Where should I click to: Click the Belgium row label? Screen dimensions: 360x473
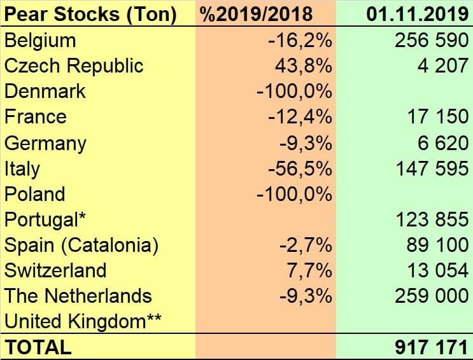40,41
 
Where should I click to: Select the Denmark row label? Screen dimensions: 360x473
45,92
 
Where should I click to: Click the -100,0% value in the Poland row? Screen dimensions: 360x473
294,194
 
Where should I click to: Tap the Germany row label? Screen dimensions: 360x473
45,143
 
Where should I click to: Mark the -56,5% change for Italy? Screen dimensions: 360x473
299,169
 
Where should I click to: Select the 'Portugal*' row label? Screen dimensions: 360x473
45,219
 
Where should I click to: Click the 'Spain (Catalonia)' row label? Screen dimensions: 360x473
81,245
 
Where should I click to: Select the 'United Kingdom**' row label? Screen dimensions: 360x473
82,322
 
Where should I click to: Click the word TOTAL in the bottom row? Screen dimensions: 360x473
38,347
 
